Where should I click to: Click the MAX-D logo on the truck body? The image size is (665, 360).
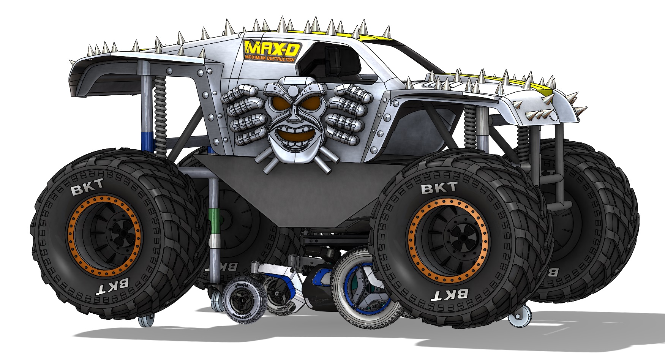click(272, 48)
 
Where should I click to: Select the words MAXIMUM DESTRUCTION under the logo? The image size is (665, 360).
click(269, 59)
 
